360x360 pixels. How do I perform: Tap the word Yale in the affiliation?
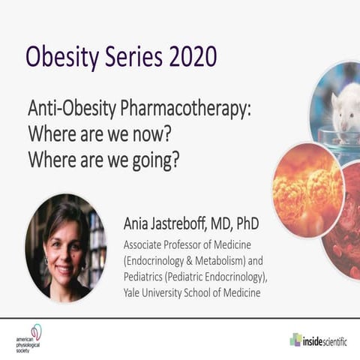click(136, 292)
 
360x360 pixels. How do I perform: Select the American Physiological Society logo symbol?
click(34, 332)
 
